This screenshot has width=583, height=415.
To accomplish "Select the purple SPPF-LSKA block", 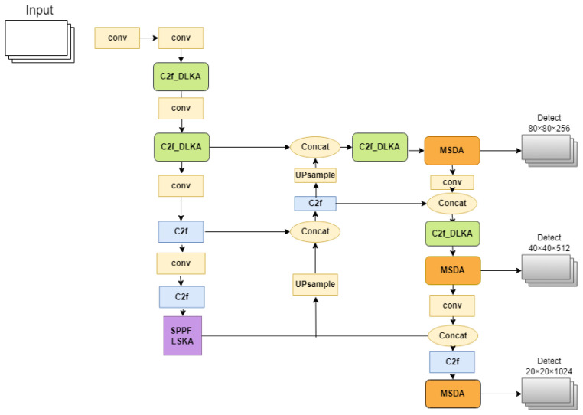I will [182, 335].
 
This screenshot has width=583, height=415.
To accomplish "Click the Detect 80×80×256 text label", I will [549, 123].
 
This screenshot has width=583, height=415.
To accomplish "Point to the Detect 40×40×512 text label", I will [549, 243].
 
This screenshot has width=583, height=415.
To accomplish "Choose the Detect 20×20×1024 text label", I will [549, 365].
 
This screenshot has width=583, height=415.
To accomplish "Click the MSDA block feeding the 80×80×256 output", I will [451, 150].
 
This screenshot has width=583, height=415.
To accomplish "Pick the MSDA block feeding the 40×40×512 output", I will [451, 270].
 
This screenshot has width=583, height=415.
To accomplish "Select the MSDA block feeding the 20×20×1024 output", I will [451, 394].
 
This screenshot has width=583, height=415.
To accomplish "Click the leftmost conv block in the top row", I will [117, 38].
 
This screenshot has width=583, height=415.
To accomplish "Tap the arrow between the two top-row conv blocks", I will [148, 38].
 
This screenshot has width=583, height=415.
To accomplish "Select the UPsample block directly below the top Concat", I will [315, 175].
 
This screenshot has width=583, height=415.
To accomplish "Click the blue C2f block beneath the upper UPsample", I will [315, 203].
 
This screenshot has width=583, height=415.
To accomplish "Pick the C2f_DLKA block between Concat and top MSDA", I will [379, 146].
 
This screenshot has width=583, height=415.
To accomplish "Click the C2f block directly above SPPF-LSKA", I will [181, 296].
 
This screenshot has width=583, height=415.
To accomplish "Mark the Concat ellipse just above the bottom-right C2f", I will [451, 335].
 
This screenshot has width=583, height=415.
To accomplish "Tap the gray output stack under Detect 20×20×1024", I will [549, 392].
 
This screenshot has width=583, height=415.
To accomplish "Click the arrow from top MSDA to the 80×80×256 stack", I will [500, 151].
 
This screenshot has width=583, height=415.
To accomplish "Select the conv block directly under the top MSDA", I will [451, 182].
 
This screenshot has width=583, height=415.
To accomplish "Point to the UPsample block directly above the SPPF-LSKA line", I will [315, 286].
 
